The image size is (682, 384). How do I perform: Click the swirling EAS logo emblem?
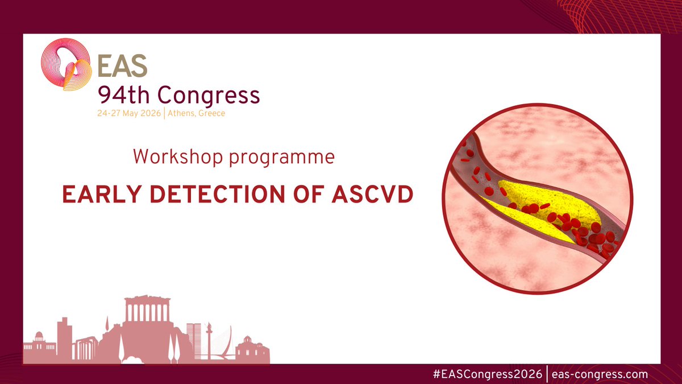pos(67,65)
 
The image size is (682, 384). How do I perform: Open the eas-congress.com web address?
pos(599,374)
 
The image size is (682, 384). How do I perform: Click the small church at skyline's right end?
pos(251,348)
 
